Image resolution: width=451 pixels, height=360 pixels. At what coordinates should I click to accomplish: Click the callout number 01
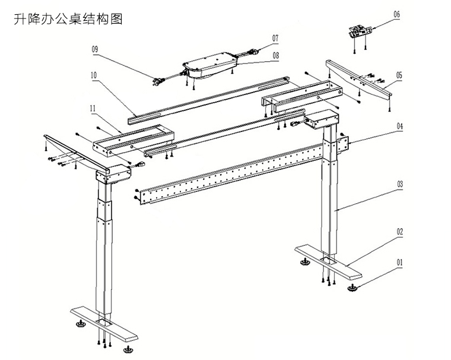(399, 262)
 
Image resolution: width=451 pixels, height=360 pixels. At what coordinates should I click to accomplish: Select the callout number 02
(399, 232)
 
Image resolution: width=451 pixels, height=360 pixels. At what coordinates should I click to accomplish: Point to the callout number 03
(399, 185)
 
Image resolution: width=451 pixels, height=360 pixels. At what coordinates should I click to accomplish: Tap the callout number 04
(399, 126)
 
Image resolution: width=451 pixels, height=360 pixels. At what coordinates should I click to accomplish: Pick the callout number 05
(399, 75)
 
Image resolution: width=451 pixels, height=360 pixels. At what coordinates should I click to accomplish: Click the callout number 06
(397, 14)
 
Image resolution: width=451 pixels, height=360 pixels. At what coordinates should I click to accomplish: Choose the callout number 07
(275, 37)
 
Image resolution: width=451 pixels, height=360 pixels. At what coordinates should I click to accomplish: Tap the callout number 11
(93, 108)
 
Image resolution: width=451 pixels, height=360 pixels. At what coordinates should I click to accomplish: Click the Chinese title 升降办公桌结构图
(68, 19)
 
